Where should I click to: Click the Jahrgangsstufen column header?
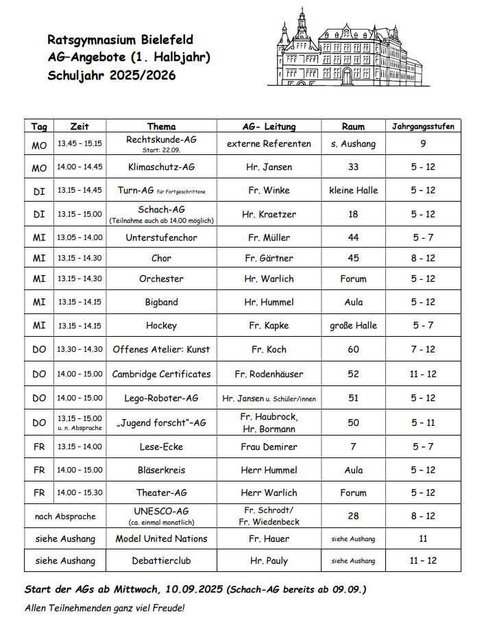coord(423,126)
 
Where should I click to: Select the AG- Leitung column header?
coord(269,126)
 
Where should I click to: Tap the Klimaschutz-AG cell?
coord(161,167)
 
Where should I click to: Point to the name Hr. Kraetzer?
coord(269,214)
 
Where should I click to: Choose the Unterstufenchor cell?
coord(161,237)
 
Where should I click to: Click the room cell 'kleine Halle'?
coord(353,190)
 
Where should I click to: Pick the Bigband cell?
coord(161,302)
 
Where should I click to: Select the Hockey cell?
coord(161,325)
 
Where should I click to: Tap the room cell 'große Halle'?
coord(353,325)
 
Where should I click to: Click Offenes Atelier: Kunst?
coord(161,349)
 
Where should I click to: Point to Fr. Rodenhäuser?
coord(269,374)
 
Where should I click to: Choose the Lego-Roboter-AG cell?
coord(161,398)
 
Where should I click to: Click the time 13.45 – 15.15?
coord(80,144)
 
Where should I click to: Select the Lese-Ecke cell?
coord(161,446)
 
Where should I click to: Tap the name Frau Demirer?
coord(269,446)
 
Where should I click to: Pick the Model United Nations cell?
coord(161,538)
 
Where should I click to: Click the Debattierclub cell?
coord(161,560)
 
